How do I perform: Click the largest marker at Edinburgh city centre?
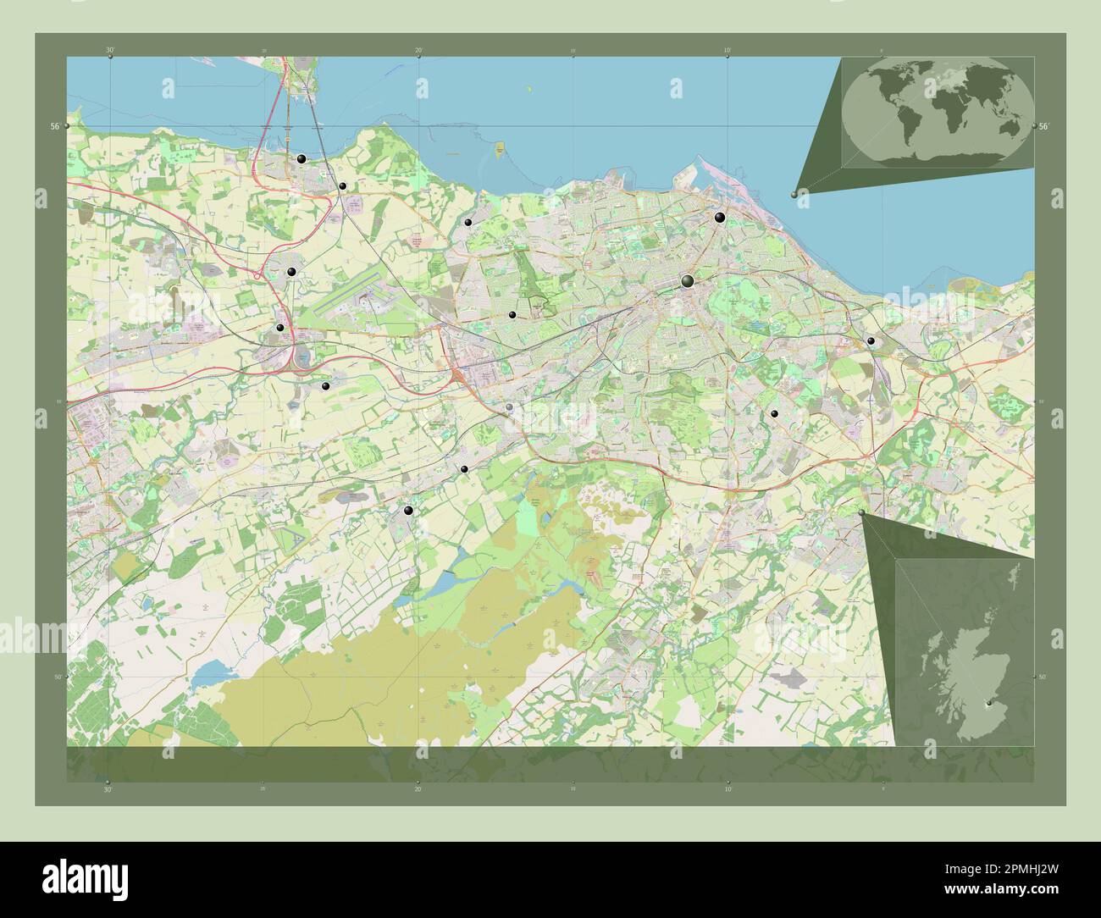tap(688, 281)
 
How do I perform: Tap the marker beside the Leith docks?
tap(719, 218)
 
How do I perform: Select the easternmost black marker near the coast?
tap(871, 340)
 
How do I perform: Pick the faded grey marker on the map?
tap(509, 408)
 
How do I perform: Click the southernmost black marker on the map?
tap(409, 511)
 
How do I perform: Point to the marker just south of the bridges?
tap(301, 158)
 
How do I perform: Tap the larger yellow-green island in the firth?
tap(500, 149)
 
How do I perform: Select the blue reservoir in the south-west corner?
tap(207, 675)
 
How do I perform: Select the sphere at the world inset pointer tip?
tap(794, 194)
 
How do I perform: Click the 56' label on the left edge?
tap(54, 126)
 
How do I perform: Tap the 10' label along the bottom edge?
tap(728, 788)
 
